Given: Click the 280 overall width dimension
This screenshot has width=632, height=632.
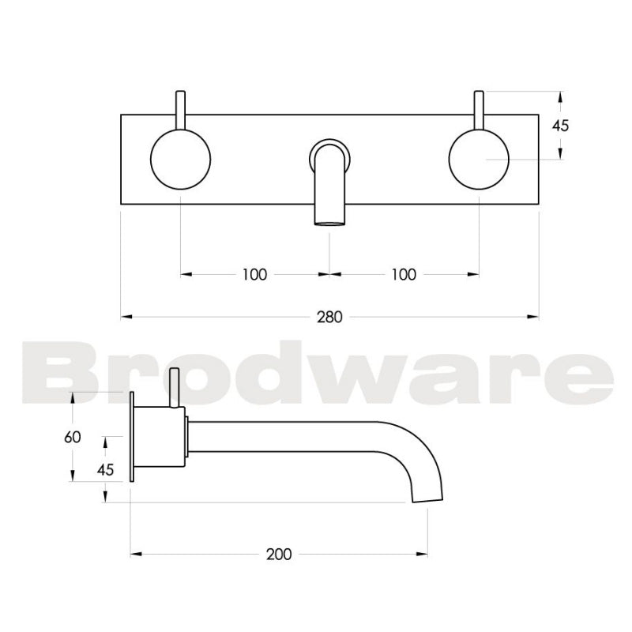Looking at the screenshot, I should (329, 318).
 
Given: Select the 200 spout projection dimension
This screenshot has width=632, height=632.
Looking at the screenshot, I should (279, 554).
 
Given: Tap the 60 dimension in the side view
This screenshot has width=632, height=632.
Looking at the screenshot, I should (73, 437).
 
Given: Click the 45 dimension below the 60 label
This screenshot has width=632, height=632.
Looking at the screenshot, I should (104, 468).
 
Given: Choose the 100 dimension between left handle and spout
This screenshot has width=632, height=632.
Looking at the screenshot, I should (254, 275).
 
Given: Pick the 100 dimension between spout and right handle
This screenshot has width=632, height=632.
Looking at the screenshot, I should (404, 275).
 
